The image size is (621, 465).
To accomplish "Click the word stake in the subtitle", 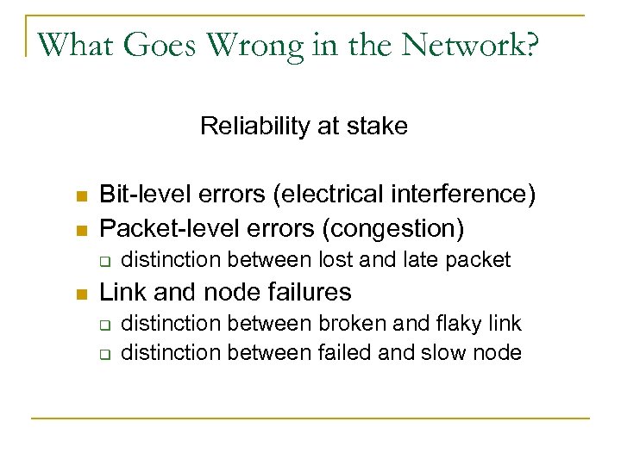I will (382, 127).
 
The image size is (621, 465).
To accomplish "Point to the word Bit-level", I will (141, 195).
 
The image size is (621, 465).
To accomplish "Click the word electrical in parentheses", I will (317, 195).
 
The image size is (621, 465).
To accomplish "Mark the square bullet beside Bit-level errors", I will (81, 196).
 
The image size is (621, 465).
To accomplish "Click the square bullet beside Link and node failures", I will (81, 293).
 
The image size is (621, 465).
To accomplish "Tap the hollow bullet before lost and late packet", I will (103, 259).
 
